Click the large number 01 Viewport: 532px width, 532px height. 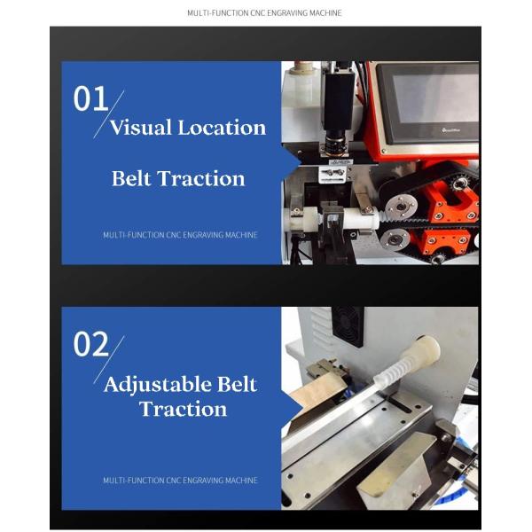pos(90,98)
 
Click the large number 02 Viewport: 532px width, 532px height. pos(91,344)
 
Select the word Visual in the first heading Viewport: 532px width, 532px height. pos(141,127)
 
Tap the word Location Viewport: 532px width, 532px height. pos(222,127)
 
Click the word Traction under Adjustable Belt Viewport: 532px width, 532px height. pos(183,409)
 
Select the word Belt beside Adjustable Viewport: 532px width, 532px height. pos(237,384)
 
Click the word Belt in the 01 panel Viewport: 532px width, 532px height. pos(131,178)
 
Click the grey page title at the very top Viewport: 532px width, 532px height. pos(264,13)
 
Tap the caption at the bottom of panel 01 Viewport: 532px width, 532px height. pos(180,235)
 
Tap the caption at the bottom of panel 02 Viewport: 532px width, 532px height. pos(180,480)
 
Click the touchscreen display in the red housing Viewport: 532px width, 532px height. pos(436,98)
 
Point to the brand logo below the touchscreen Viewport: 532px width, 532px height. pos(451,130)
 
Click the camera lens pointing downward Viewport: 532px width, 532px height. pos(334,145)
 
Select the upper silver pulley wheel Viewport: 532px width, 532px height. pos(402,207)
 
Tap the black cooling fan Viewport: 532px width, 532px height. pos(347,326)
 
